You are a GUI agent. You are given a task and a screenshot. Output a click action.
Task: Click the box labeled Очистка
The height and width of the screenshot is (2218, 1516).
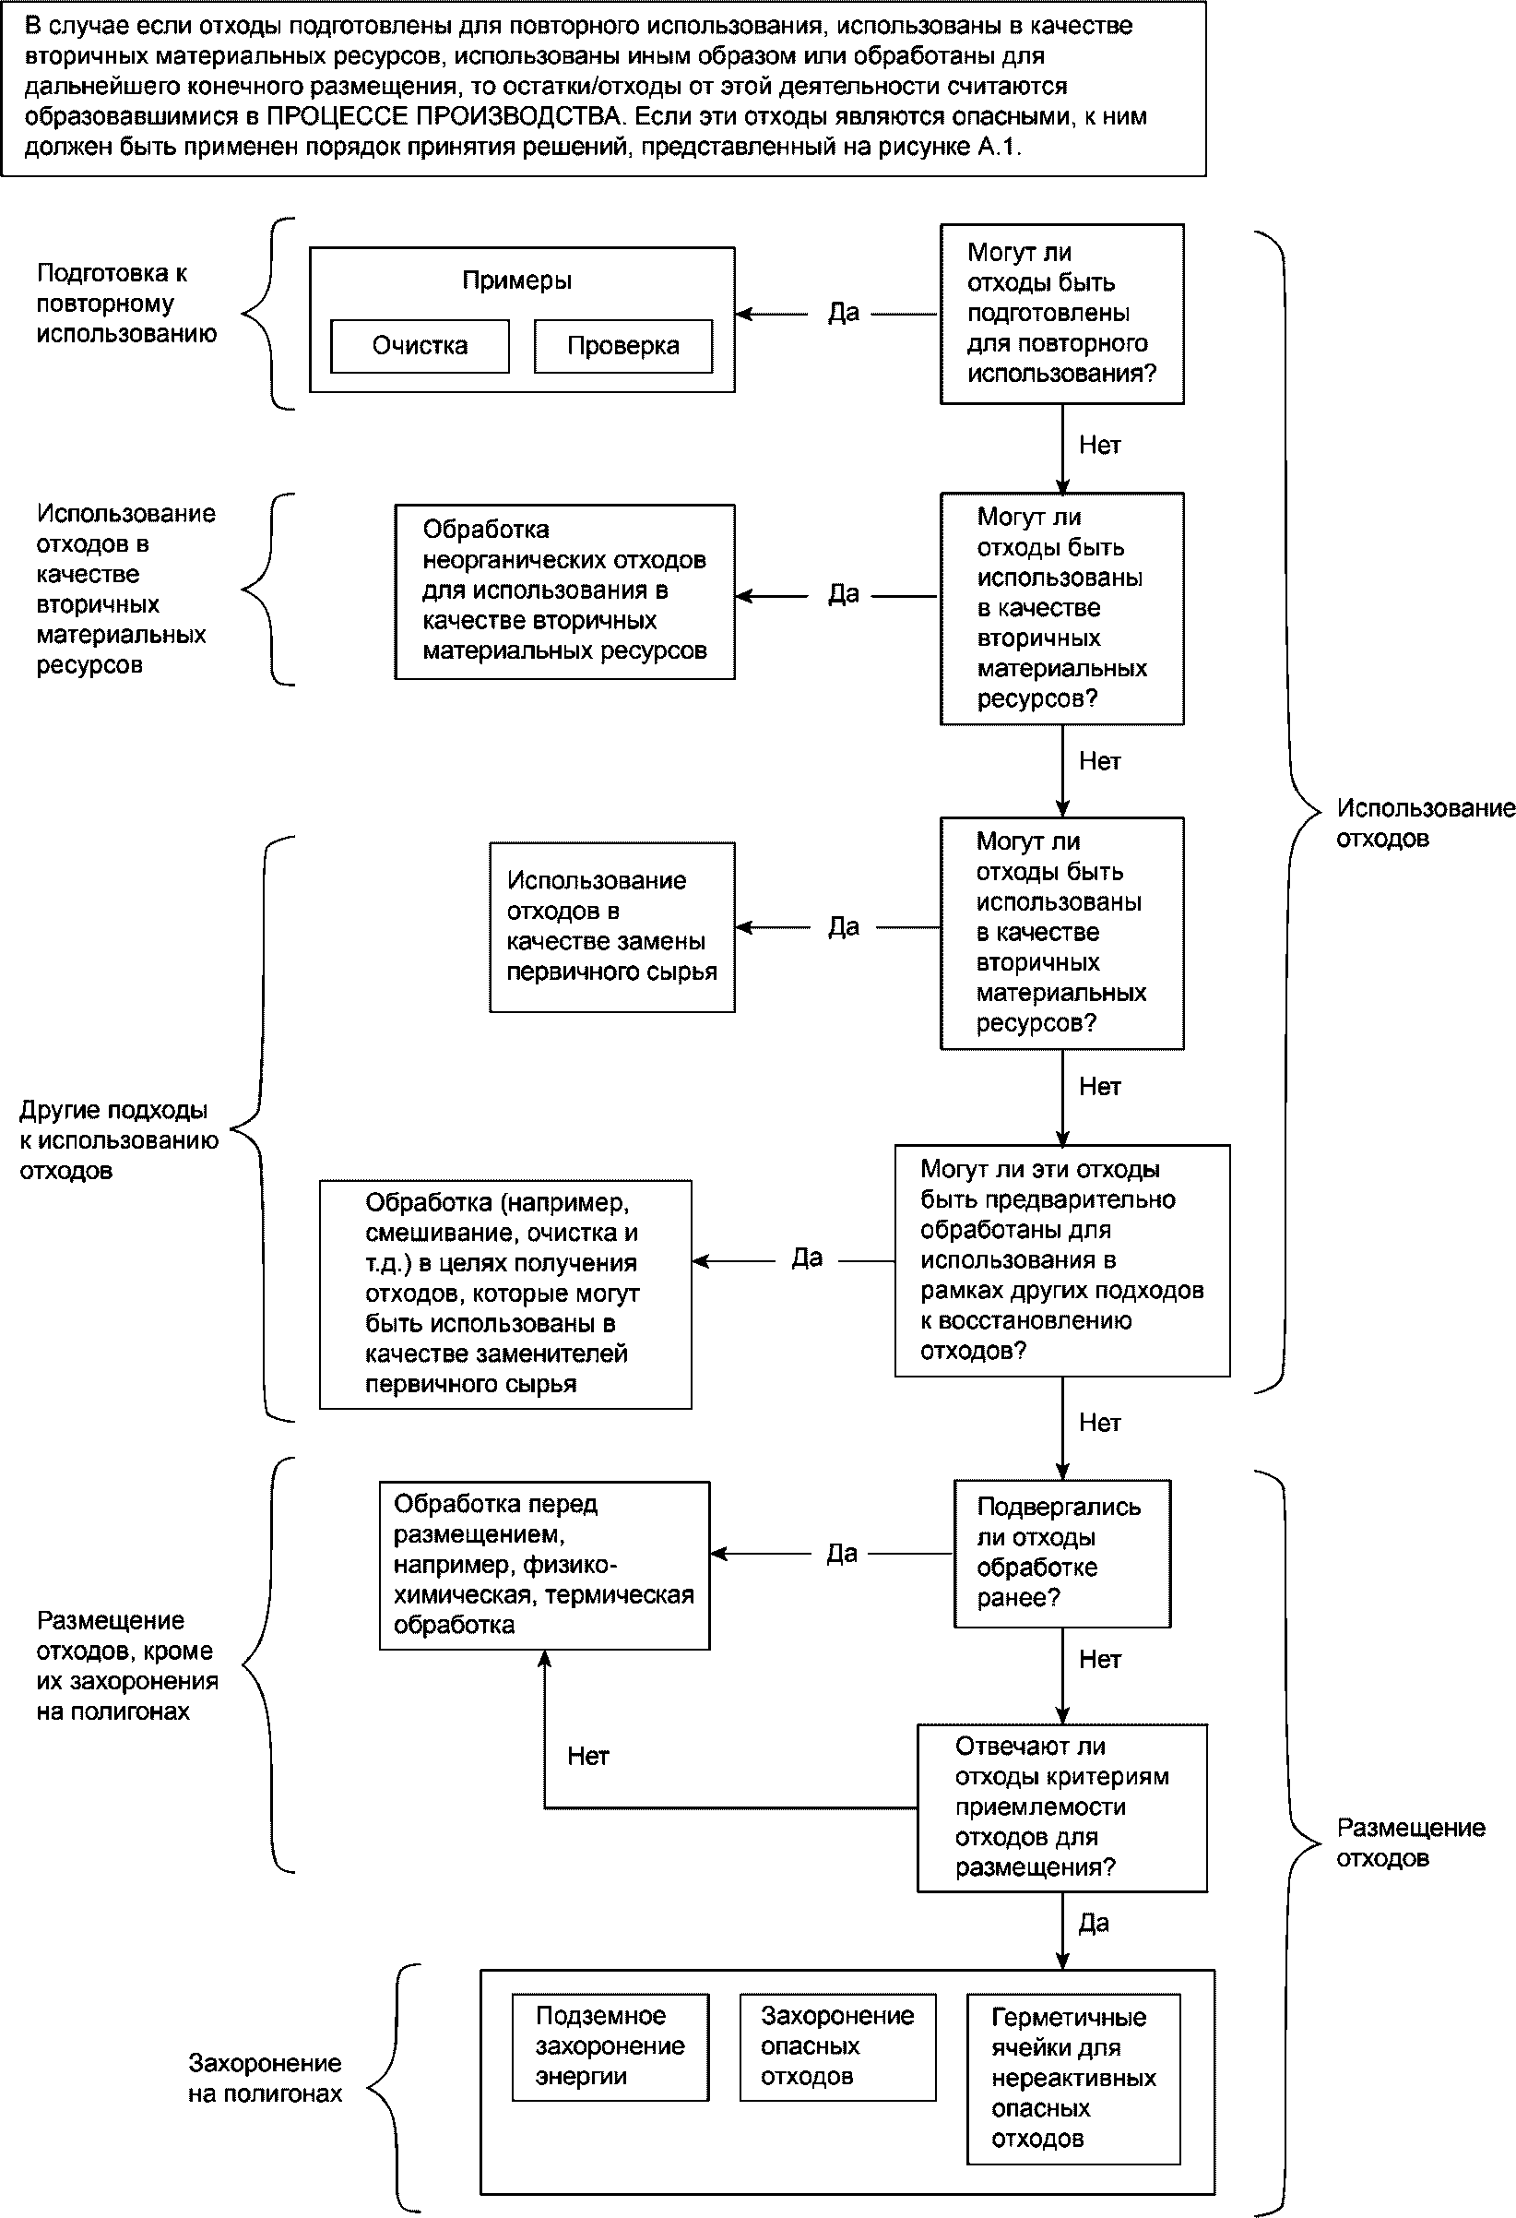click(x=420, y=345)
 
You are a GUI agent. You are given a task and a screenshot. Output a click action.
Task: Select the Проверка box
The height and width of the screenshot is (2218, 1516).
click(x=623, y=345)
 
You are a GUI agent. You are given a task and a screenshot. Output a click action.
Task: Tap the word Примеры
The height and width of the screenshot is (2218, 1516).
click(x=517, y=280)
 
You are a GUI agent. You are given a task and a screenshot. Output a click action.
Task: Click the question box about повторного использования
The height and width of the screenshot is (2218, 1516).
click(x=1062, y=314)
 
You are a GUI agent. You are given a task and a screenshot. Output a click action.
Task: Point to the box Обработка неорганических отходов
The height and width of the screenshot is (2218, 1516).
click(x=564, y=591)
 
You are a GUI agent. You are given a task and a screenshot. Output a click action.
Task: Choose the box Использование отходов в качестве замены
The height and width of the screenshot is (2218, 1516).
click(x=611, y=926)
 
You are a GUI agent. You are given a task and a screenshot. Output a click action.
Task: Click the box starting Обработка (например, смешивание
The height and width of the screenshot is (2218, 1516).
click(x=505, y=1294)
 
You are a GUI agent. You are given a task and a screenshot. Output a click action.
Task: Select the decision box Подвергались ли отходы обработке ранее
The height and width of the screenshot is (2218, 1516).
click(x=1062, y=1554)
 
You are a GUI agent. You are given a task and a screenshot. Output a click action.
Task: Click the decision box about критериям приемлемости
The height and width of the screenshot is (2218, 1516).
click(x=1062, y=1807)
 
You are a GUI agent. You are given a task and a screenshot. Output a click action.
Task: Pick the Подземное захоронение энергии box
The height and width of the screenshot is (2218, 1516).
click(x=610, y=2047)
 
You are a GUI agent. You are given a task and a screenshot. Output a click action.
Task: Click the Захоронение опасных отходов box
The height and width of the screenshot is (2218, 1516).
click(x=837, y=2047)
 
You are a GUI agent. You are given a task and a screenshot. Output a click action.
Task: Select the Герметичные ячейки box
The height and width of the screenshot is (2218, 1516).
click(x=1073, y=2079)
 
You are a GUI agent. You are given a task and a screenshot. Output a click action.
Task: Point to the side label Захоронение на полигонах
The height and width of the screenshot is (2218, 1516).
click(x=266, y=2079)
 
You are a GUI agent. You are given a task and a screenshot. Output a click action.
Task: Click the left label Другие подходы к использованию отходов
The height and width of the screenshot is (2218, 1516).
click(x=119, y=1139)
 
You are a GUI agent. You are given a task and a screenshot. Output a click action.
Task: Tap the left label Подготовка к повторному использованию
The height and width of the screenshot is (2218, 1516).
click(x=127, y=304)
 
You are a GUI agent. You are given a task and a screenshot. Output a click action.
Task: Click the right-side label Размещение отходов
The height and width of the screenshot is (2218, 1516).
click(x=1411, y=1842)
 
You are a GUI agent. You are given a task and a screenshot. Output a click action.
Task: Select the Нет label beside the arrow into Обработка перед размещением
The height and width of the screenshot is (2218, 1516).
click(x=587, y=1756)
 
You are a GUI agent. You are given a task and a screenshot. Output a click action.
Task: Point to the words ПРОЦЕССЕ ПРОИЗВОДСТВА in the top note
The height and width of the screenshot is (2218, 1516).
click(x=444, y=116)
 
